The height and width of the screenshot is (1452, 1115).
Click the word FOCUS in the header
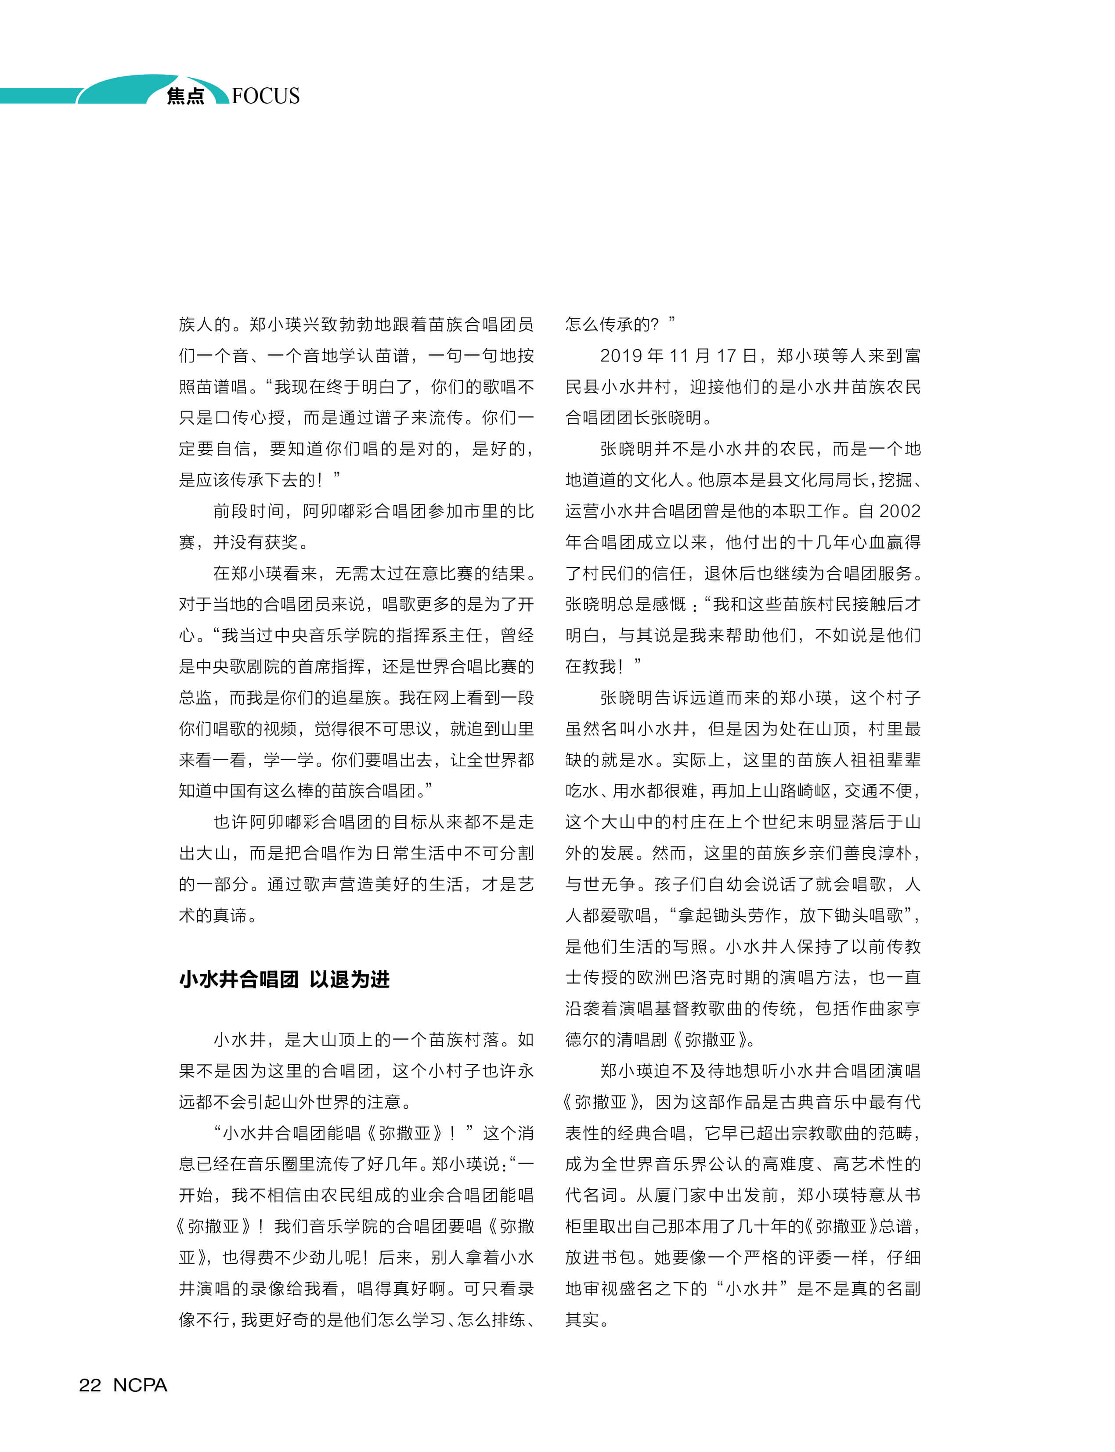click(266, 96)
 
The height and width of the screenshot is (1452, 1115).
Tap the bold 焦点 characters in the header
click(185, 96)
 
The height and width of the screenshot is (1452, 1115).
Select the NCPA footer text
click(140, 1385)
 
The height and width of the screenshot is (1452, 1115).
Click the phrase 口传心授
click(241, 418)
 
